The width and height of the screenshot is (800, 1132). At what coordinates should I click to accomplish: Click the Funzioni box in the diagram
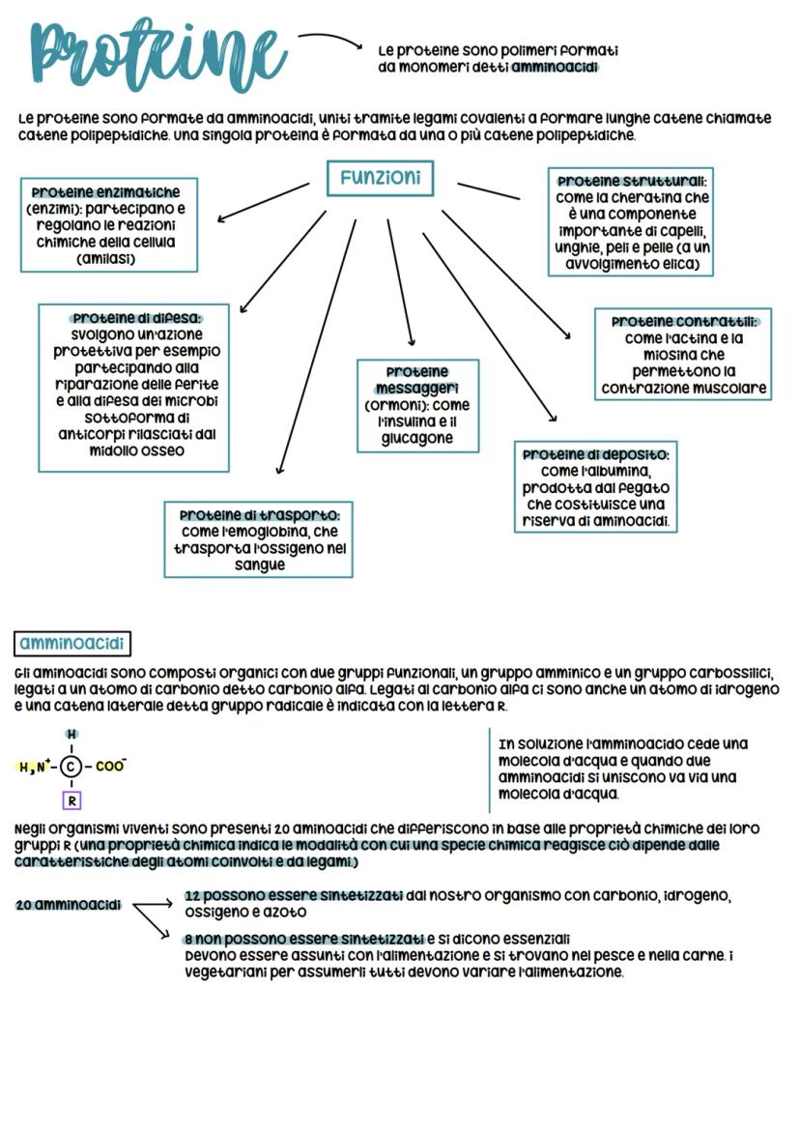point(380,178)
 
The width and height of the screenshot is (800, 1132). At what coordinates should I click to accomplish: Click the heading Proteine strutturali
point(631,181)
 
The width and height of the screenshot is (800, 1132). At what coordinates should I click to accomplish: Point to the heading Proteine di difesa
point(136,317)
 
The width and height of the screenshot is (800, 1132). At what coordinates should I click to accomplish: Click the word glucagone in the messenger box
point(416,438)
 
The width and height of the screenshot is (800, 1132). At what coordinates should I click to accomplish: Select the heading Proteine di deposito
point(595,454)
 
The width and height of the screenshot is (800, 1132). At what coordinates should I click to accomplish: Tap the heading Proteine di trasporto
point(258,514)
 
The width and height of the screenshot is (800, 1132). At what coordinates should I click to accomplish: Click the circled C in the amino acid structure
point(71,768)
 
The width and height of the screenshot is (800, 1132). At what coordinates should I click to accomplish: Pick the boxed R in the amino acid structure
point(71,800)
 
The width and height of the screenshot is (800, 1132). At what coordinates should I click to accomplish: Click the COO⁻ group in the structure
point(110,767)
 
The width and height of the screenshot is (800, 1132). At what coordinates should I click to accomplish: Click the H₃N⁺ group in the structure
point(35,768)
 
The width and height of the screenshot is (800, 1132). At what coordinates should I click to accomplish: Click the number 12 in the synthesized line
point(192,896)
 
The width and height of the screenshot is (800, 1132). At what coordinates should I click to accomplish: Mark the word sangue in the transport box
point(259,565)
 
